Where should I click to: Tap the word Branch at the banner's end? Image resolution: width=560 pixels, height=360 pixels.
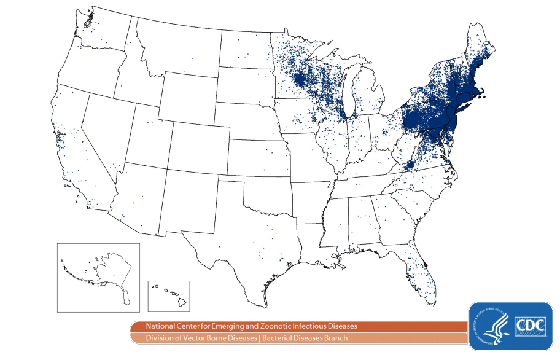click(335, 338)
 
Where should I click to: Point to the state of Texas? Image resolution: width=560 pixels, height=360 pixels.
click(246, 246)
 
